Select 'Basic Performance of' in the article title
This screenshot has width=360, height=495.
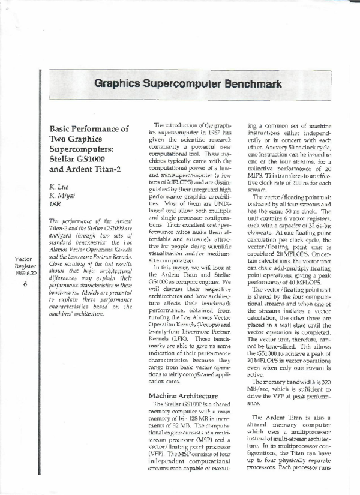click(88, 129)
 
